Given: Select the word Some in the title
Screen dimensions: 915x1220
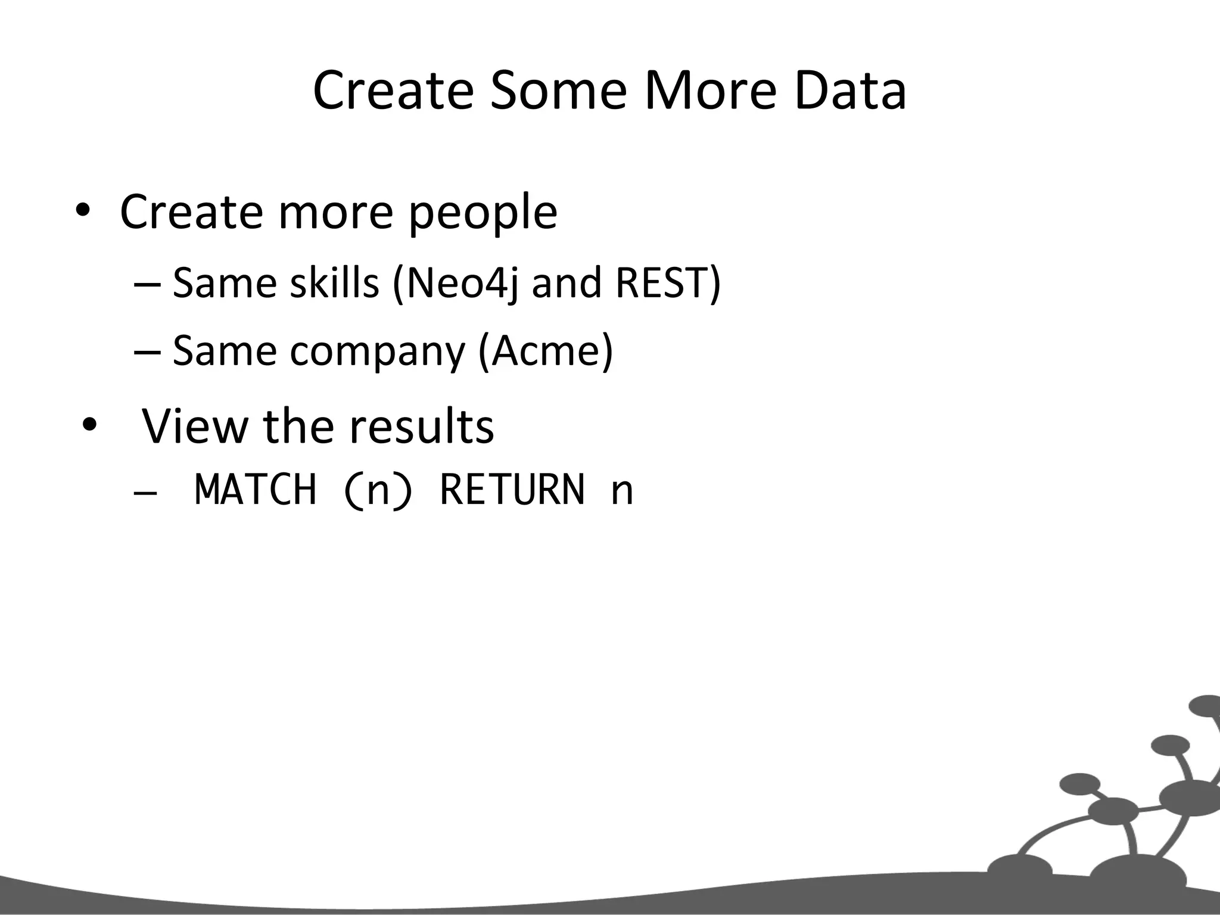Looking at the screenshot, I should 558,91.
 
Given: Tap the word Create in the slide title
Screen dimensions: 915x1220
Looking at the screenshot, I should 393,91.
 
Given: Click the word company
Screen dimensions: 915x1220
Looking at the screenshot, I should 377,351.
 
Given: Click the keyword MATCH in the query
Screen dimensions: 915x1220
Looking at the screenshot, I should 256,490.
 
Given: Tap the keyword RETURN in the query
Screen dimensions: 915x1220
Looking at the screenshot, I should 512,490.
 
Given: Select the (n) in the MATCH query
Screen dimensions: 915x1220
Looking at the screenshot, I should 378,490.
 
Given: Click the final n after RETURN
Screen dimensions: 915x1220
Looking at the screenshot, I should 623,492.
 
